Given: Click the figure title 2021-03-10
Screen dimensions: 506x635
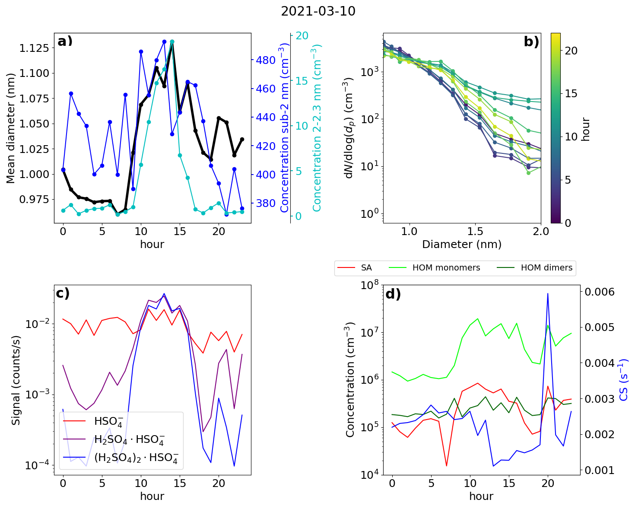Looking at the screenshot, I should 318,12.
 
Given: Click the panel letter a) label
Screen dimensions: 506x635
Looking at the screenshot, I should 65,41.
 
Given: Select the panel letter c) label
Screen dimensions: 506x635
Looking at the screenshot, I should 63,293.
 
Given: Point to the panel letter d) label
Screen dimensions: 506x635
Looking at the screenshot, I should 393,294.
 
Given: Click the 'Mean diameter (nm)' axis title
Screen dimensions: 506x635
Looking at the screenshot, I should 11,128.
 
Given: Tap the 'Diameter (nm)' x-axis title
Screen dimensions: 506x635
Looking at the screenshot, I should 462,245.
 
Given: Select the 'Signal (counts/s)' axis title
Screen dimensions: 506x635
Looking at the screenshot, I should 16,380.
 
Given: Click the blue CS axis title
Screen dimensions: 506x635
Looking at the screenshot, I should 624,380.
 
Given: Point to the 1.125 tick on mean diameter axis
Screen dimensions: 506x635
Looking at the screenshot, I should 34,48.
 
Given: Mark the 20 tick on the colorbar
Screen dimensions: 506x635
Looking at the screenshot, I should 571,51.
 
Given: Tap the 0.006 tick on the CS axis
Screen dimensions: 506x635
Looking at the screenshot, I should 599,292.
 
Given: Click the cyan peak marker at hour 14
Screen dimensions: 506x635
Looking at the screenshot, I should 172,42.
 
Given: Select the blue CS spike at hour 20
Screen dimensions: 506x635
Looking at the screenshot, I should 548,294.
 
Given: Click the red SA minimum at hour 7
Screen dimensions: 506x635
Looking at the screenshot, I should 447,465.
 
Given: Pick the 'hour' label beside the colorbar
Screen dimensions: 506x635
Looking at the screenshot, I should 586,129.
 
